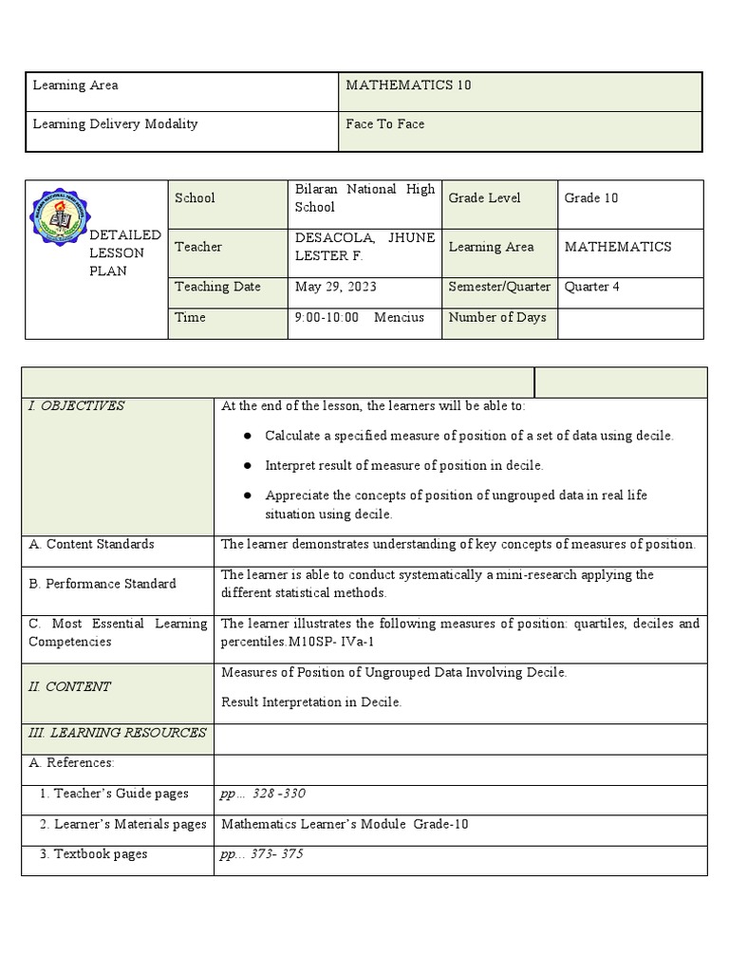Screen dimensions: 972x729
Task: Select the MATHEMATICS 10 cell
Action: (x=409, y=85)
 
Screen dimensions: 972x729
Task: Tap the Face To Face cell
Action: (x=385, y=124)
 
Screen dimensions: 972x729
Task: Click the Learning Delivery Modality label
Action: (x=116, y=124)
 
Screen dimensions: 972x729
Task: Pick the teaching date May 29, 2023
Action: (x=331, y=287)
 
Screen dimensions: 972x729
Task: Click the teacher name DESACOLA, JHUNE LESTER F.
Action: (x=364, y=247)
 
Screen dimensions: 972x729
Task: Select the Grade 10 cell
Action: (x=591, y=198)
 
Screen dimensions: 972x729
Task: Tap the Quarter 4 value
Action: (x=592, y=287)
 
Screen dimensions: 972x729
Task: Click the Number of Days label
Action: (x=497, y=317)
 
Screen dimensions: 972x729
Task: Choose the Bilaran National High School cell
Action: (x=364, y=197)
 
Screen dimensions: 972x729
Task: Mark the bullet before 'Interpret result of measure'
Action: (x=247, y=465)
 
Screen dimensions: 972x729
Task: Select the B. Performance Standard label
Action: (x=103, y=584)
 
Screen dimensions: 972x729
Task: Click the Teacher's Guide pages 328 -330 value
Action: (x=263, y=794)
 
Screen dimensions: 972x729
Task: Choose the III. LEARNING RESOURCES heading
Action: (x=117, y=733)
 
